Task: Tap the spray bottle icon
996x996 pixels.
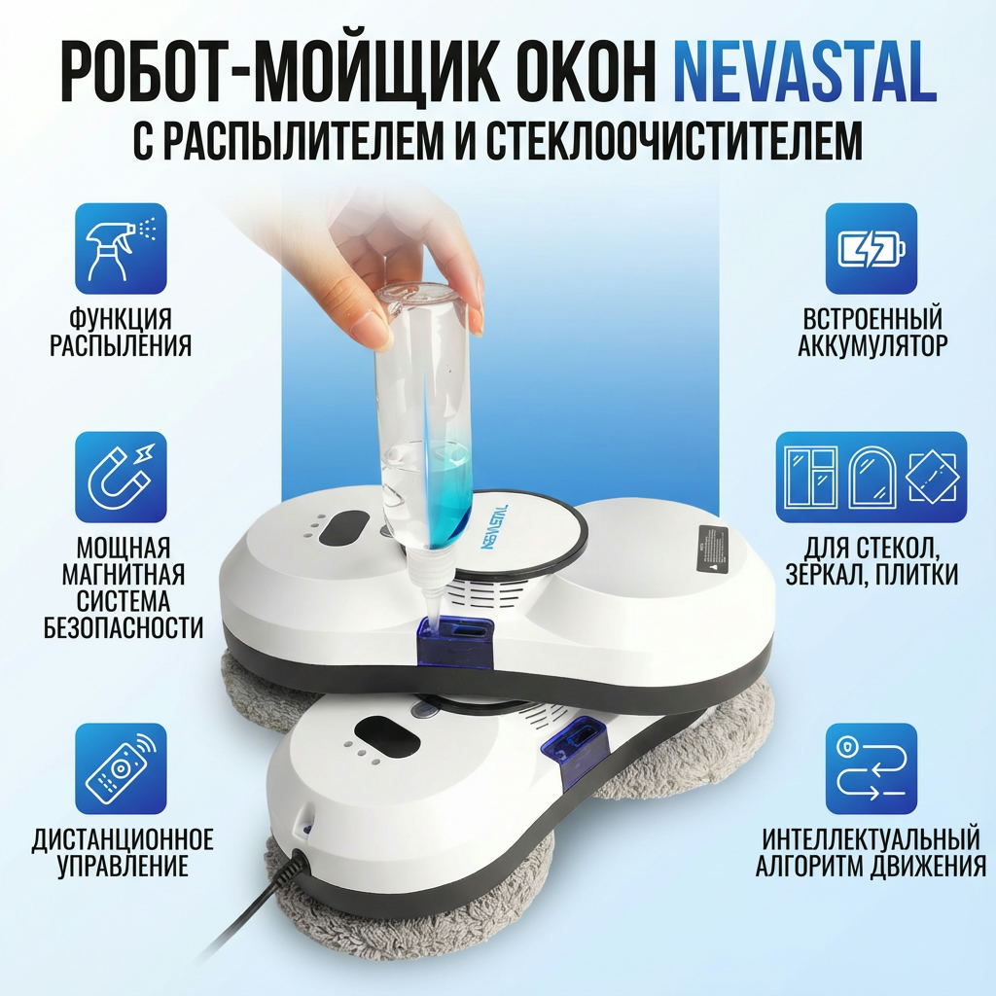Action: pos(121,248)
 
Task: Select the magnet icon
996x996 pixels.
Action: pos(121,477)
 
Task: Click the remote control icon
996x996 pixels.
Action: pos(121,769)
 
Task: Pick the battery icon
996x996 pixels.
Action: pos(871,248)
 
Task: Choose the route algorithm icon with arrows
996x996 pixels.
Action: pos(871,769)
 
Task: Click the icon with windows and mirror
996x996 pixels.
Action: pos(871,477)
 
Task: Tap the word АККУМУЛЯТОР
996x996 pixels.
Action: pos(872,345)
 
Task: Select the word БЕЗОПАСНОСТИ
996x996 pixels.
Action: pos(124,627)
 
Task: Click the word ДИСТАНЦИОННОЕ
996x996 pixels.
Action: pos(123,839)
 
